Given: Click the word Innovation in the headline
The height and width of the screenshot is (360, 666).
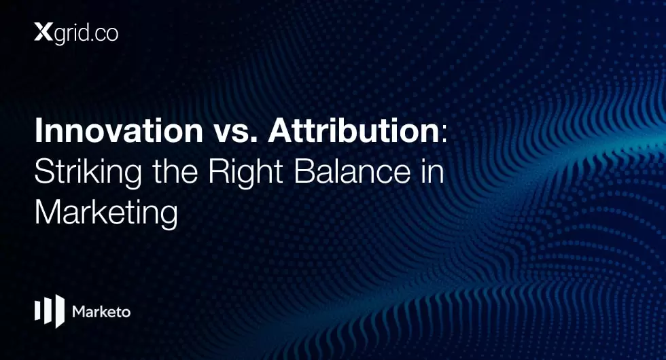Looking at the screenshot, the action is pos(119,130).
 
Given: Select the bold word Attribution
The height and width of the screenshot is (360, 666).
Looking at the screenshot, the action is pos(353,130).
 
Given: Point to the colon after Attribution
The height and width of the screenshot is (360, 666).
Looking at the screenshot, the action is pos(444,133).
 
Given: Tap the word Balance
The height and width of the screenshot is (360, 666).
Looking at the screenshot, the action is pos(352,171).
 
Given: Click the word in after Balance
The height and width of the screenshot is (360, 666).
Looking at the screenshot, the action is pos(433,171).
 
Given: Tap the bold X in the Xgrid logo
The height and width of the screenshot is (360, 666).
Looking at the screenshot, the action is pos(43,33).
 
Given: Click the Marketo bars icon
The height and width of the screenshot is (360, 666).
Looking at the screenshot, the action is pos(50,311).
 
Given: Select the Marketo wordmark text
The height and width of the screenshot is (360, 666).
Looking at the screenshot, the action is pos(101,312).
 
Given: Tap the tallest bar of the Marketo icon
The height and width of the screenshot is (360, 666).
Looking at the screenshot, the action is pos(60,311).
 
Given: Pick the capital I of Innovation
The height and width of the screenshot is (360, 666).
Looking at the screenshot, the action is pos(38,130).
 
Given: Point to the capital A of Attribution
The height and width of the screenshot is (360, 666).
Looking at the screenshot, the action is pos(280,130).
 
